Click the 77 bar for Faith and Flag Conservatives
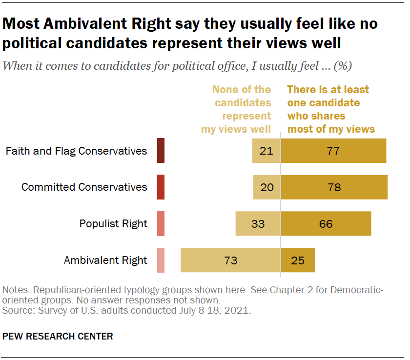coord(333,151)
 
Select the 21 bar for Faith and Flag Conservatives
coord(266,151)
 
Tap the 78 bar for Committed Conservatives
coord(334,187)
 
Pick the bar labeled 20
coord(267,187)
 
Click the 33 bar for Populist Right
coord(258,224)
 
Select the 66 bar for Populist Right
coord(326,224)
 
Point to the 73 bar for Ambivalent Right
coord(230,260)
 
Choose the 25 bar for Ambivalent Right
coord(298,260)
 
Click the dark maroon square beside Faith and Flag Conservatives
coord(161,151)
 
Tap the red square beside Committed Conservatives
coord(161,187)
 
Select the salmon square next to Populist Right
coord(161,224)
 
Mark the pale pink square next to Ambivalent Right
coord(161,260)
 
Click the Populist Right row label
coord(113,224)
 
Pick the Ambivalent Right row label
coord(105,260)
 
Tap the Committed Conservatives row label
coord(84,187)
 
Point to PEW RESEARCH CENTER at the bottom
coord(58,336)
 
